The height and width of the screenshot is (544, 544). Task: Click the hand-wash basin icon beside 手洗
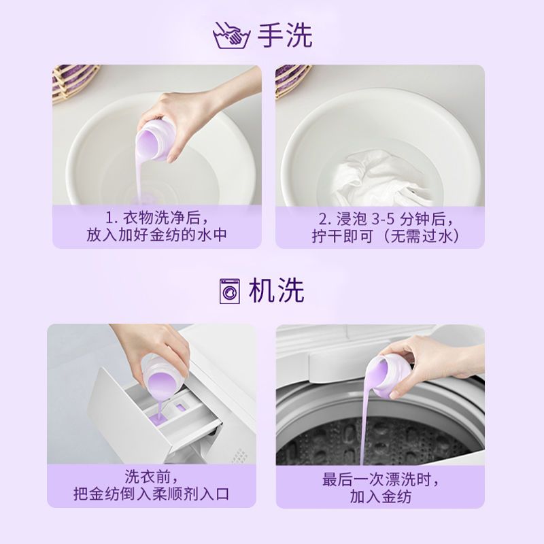[x=231, y=35]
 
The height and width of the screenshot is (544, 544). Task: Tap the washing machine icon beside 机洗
[x=229, y=291]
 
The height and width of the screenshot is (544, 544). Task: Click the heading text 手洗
[x=285, y=35]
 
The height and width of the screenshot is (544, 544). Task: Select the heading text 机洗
[x=276, y=291]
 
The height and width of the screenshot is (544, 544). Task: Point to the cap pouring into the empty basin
[x=154, y=139]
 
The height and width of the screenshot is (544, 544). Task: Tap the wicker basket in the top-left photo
[x=74, y=82]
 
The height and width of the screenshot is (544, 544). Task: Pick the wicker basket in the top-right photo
[x=292, y=80]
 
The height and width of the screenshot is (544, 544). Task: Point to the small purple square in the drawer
[x=180, y=407]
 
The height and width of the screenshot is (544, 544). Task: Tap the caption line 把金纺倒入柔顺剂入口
[x=152, y=494]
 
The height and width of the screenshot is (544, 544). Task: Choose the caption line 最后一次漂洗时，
[x=381, y=480]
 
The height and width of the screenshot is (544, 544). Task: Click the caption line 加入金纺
[x=381, y=496]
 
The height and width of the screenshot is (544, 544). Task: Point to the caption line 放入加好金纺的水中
[x=157, y=235]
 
